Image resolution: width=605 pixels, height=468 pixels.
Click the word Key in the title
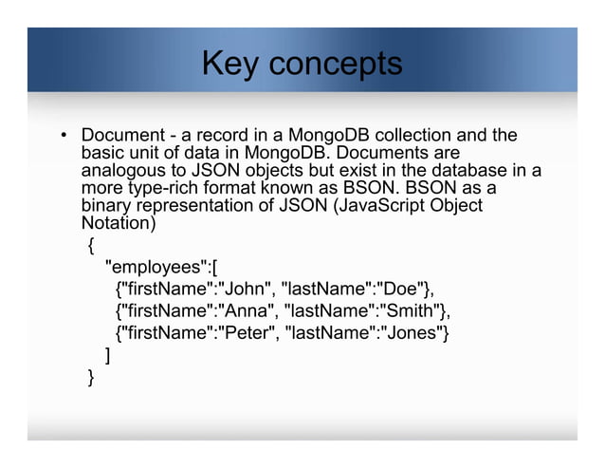[x=230, y=65]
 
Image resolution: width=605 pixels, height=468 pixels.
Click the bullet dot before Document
[x=64, y=136]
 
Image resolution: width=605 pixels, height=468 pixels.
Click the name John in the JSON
[x=244, y=288]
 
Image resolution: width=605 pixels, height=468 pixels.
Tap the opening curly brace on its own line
[x=90, y=245]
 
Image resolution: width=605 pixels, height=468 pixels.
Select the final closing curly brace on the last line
[x=90, y=378]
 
